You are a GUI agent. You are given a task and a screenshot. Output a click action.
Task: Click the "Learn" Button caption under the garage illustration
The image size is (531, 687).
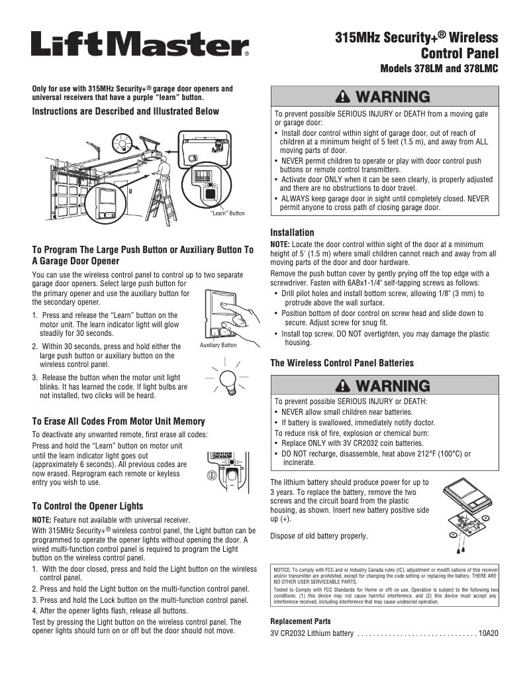coord(227,213)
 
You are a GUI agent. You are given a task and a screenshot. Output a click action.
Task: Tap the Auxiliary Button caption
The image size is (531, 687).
coord(218,345)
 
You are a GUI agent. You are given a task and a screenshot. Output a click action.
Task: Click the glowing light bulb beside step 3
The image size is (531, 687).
coord(226,380)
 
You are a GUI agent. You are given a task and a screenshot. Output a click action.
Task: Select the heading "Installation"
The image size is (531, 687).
coord(292,233)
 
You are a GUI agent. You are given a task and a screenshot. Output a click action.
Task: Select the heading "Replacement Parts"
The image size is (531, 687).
coord(300,621)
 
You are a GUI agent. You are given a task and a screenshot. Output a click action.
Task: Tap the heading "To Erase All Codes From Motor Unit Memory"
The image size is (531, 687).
coord(119,421)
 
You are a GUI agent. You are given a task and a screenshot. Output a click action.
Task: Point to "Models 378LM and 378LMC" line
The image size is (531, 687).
coord(438,68)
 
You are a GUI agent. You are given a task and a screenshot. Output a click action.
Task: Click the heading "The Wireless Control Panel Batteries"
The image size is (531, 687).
coord(342,363)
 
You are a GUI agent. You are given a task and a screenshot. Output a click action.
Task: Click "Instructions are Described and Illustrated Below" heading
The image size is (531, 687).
coord(126,111)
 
